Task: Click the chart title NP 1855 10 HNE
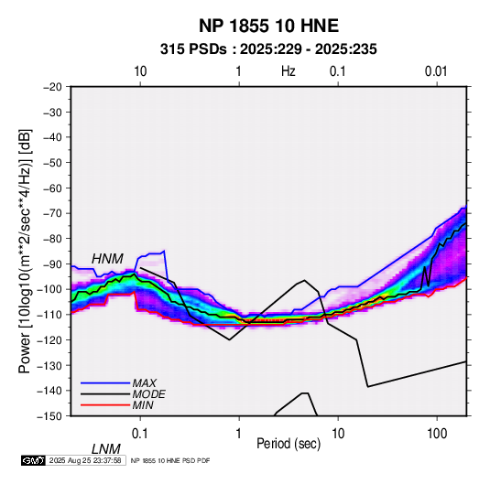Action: [x=268, y=26]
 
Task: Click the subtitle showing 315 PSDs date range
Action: [x=268, y=49]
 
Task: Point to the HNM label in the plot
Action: [x=107, y=259]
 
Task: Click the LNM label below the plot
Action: [x=105, y=449]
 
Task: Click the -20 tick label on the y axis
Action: [x=53, y=87]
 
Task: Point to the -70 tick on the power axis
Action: [x=53, y=213]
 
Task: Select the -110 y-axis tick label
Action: [x=49, y=315]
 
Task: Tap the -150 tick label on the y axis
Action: [x=49, y=416]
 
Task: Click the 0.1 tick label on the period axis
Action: [x=140, y=433]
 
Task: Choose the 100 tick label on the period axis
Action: [x=437, y=433]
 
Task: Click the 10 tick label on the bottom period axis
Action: [x=338, y=433]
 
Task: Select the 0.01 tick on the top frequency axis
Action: [x=436, y=71]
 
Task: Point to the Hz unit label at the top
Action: [x=289, y=71]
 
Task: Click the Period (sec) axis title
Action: [x=289, y=444]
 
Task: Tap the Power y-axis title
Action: [x=25, y=251]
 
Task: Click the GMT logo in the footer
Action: [x=33, y=460]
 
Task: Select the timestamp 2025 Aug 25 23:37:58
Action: [x=85, y=460]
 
